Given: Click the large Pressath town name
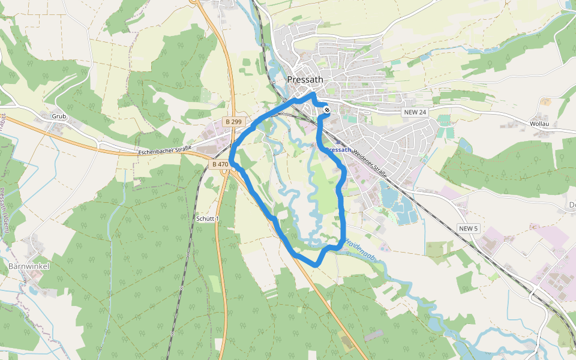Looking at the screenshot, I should (305, 79).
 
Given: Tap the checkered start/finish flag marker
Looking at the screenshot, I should (326, 110).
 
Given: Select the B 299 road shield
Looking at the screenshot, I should (233, 122).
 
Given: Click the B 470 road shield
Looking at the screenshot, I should (220, 164).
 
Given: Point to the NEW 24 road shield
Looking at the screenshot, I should (415, 112).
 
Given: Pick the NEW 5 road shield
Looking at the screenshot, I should (468, 229).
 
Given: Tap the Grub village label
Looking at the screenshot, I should (58, 116).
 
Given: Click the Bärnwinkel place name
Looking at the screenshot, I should (28, 265).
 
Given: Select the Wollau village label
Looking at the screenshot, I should (539, 124).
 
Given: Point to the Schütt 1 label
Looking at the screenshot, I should (208, 219).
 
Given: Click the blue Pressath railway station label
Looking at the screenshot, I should (339, 149).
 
